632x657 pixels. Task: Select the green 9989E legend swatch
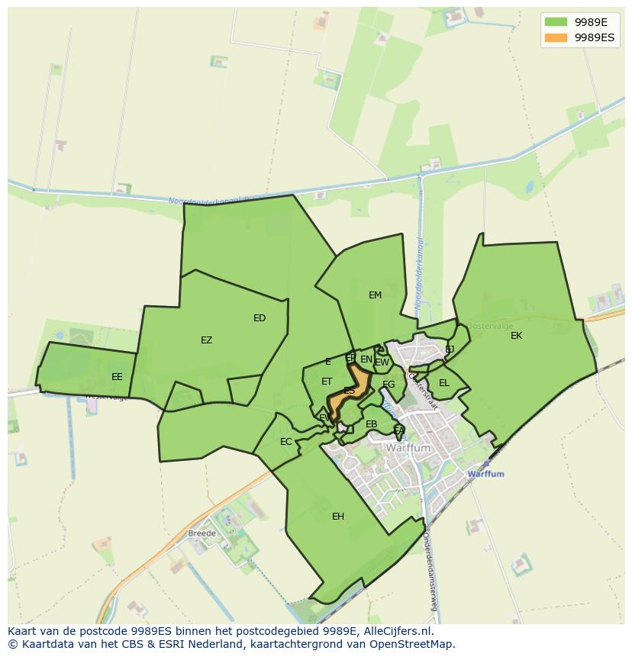556,21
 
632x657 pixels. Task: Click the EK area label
517,336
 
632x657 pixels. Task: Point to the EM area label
375,295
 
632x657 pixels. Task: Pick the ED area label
260,318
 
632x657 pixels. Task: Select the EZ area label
206,340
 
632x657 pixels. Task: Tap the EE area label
117,377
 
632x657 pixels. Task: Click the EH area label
338,517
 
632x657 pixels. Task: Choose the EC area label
286,442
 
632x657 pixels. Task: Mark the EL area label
444,383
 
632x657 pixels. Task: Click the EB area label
372,424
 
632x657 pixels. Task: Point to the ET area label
327,382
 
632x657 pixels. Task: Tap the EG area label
389,385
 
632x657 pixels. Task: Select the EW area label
382,362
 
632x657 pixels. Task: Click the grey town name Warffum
409,449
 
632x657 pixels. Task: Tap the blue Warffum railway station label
486,474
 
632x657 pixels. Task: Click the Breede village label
202,533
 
